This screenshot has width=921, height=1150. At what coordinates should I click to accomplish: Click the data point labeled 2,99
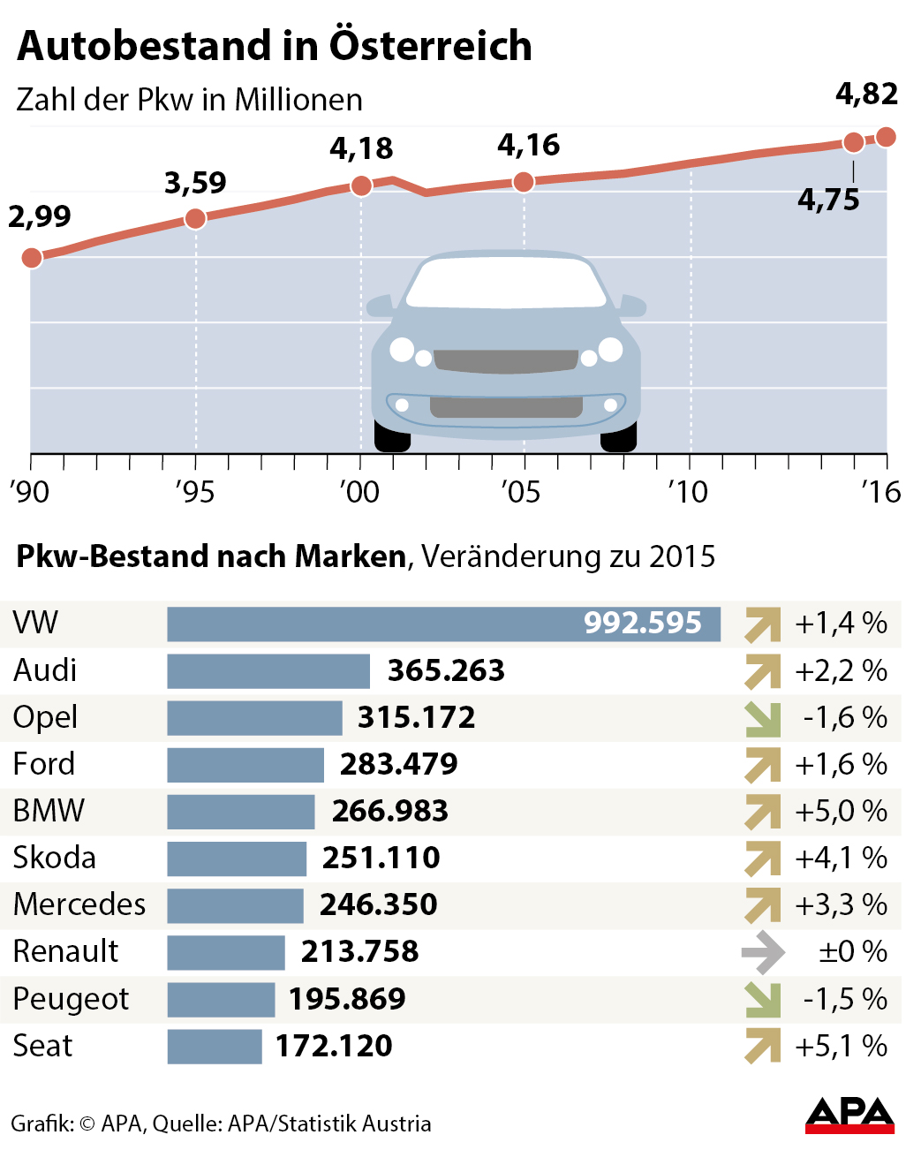click(x=32, y=258)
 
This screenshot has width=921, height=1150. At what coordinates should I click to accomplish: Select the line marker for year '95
click(x=196, y=218)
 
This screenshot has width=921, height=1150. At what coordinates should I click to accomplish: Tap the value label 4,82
click(x=866, y=94)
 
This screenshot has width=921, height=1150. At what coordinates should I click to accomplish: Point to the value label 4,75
click(x=828, y=200)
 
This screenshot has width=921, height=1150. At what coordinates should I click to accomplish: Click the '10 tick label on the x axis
click(x=688, y=492)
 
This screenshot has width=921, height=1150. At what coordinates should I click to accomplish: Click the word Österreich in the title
click(x=431, y=46)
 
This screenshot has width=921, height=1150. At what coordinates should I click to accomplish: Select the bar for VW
click(x=443, y=624)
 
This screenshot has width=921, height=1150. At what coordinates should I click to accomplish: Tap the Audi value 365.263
click(x=446, y=670)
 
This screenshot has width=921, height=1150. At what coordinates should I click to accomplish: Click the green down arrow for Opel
click(x=763, y=718)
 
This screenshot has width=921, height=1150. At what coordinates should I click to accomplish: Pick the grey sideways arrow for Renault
click(x=763, y=952)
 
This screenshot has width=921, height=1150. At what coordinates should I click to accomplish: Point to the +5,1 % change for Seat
click(x=841, y=1047)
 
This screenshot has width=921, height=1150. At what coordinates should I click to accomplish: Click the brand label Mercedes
click(x=79, y=904)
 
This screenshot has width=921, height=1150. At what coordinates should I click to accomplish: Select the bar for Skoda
click(x=237, y=859)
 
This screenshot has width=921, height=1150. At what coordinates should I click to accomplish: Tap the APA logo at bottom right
click(x=849, y=1115)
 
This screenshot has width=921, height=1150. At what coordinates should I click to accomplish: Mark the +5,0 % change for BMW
click(x=841, y=812)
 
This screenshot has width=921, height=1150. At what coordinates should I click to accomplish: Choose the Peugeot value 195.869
click(x=347, y=999)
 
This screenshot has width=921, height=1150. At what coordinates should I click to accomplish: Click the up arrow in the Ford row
click(x=763, y=765)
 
